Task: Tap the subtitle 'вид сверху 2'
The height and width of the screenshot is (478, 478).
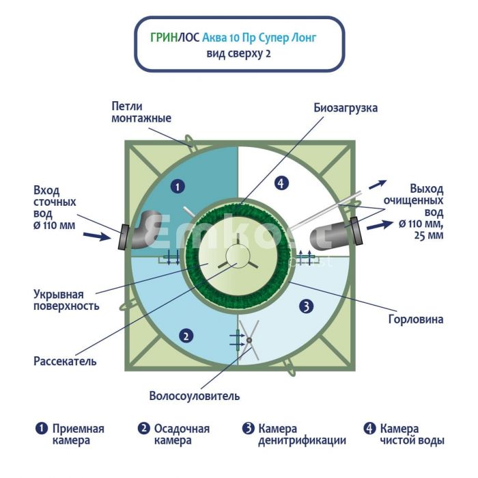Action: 238,54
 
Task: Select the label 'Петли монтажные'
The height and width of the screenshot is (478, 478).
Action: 141,112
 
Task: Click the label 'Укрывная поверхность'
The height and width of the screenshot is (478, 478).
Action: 66,300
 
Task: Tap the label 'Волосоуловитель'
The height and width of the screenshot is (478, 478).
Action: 195,396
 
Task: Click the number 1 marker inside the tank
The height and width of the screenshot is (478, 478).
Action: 176,186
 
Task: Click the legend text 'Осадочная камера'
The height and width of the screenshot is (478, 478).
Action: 182,434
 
